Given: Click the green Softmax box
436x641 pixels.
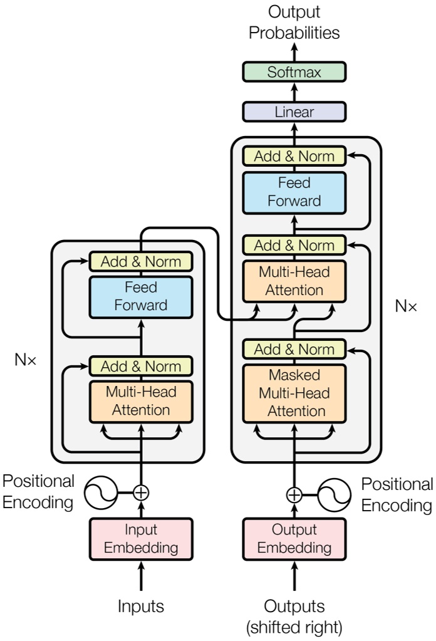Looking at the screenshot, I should point(294,72).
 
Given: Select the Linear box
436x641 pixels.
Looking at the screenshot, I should point(294,112).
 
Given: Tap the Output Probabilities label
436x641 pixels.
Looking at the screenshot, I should point(294,23).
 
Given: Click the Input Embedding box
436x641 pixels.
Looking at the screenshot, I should point(141,539).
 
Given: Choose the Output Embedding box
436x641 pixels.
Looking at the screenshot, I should point(294,539).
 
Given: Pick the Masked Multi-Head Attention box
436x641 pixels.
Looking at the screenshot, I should point(294,393).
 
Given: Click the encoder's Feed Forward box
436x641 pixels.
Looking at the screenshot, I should point(141,296).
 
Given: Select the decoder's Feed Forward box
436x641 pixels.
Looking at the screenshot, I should point(294,192).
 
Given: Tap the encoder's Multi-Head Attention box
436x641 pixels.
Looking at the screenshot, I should point(141,401).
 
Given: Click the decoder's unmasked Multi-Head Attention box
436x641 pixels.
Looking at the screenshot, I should point(294,281).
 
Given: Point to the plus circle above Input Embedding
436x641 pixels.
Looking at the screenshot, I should point(141,492).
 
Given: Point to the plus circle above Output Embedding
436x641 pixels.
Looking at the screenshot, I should point(294,495).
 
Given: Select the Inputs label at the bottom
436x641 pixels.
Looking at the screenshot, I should point(141,606).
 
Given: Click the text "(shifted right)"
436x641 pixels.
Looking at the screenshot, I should point(294,626).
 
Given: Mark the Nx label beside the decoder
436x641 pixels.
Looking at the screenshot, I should point(405,306).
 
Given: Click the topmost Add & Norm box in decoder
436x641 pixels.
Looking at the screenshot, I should point(294,156).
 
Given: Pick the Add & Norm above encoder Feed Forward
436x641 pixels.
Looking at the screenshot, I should point(141,261).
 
